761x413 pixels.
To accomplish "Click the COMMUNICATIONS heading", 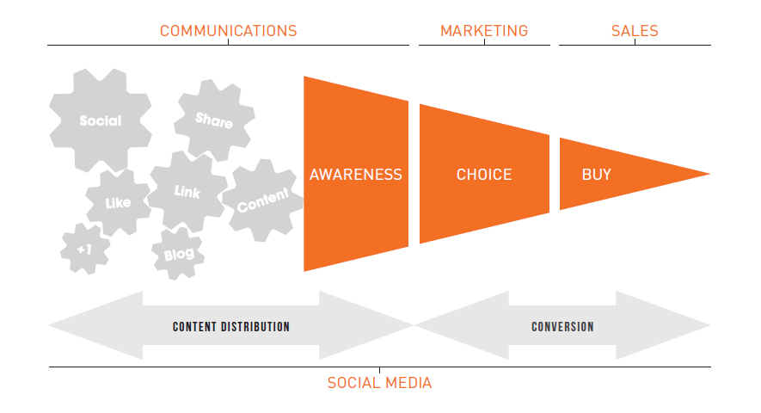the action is (228, 31).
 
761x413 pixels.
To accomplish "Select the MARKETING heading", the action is (484, 31).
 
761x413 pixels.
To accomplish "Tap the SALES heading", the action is (635, 31).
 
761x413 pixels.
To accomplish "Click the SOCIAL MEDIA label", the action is (379, 383).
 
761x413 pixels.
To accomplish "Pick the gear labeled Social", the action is (101, 120).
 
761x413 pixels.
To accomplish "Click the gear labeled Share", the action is (214, 120).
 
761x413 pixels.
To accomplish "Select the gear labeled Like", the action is (118, 202).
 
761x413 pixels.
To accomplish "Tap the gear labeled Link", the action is (187, 191).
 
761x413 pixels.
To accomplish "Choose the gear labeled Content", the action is (263, 200).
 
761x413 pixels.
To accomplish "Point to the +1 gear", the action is (85, 250).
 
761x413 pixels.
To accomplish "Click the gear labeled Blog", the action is (179, 254).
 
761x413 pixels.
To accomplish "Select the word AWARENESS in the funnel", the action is (356, 175).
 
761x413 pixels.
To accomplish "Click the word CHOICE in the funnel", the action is (484, 175).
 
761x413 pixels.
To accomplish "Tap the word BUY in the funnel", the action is (597, 175).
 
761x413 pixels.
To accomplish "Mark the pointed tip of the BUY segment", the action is (709, 174).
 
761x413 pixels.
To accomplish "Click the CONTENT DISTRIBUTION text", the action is (231, 326).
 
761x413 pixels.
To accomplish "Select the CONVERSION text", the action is (562, 326).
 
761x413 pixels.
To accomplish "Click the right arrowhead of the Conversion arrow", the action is (663, 325).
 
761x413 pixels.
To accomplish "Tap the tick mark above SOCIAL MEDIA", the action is (379, 370).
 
